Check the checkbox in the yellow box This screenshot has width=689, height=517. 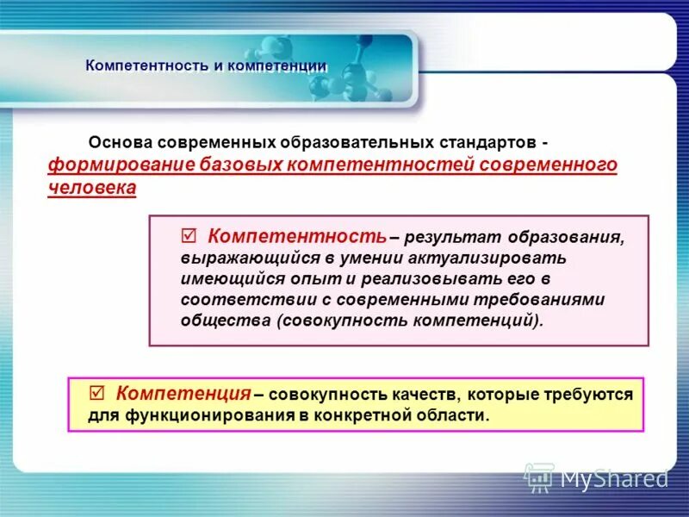click(97, 393)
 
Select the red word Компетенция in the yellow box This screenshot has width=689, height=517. click(183, 393)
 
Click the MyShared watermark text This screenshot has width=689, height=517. click(614, 477)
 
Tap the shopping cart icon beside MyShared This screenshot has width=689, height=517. click(539, 477)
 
